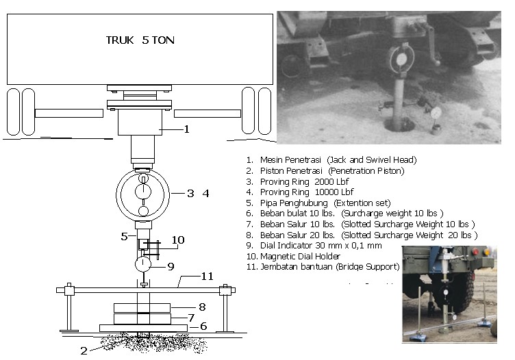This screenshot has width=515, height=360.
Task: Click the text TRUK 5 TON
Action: coord(140,40)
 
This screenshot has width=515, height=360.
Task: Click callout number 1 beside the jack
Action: coord(186,128)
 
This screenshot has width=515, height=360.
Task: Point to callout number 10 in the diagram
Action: coord(177,240)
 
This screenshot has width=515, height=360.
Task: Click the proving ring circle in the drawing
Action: coord(143,194)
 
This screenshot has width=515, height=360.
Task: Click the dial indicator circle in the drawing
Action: coord(144,264)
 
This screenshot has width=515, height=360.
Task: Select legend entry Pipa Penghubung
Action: coord(318,203)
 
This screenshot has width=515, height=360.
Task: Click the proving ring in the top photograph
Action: coord(399,60)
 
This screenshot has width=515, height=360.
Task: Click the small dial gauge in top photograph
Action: coord(436,111)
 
